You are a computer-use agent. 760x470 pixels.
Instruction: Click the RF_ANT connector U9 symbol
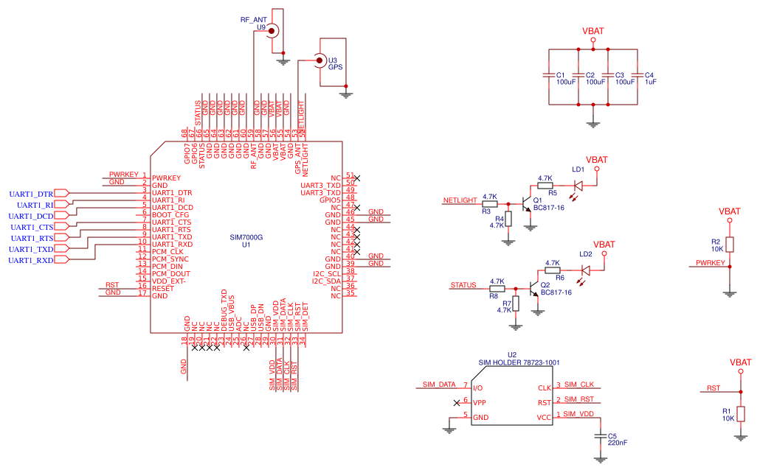(273, 30)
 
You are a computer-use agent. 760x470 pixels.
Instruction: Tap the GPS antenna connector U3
(319, 60)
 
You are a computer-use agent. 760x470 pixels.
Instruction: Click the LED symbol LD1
(578, 186)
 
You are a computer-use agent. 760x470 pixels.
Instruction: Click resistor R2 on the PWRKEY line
(730, 245)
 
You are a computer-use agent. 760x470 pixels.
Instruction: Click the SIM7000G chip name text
(246, 237)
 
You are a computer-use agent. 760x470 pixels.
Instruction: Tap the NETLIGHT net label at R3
(460, 200)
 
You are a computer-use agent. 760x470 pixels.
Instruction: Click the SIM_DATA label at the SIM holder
(438, 385)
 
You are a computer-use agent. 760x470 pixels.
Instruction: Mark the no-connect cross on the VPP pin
(457, 403)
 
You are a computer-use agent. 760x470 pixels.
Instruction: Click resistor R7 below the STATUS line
(516, 304)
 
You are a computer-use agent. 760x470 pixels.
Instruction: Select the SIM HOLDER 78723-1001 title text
(519, 362)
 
